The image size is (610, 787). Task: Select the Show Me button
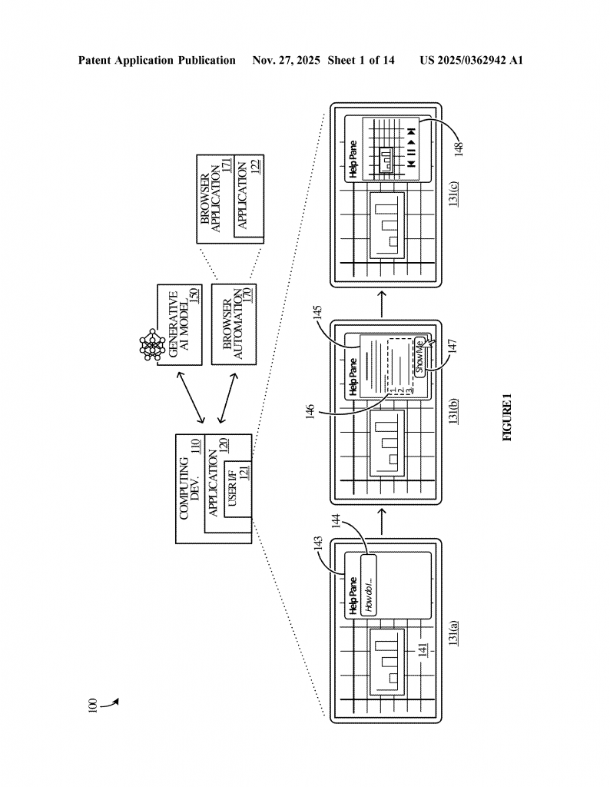coord(419,356)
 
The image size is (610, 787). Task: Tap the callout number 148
coord(459,148)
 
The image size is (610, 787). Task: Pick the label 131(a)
coord(454,635)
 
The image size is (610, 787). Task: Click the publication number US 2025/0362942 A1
coord(471,60)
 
